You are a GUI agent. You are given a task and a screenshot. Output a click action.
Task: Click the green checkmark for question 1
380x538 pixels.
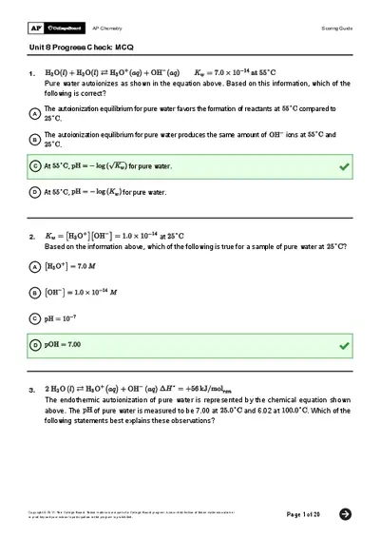[344, 166]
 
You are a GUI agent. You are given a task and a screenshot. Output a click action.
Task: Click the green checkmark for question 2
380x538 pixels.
[344, 344]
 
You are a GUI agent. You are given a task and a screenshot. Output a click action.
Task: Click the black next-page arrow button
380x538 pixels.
[346, 514]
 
